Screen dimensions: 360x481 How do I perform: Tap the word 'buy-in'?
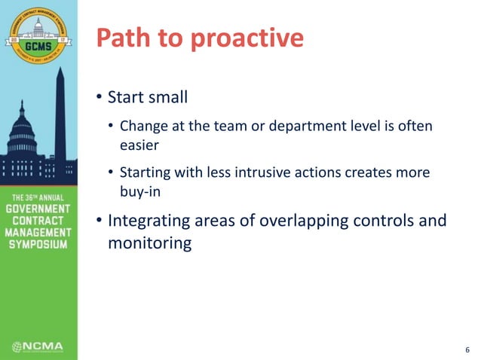[x=139, y=191]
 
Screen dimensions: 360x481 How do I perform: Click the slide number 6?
[x=467, y=349]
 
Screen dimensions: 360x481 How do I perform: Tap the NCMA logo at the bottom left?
[x=38, y=346]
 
